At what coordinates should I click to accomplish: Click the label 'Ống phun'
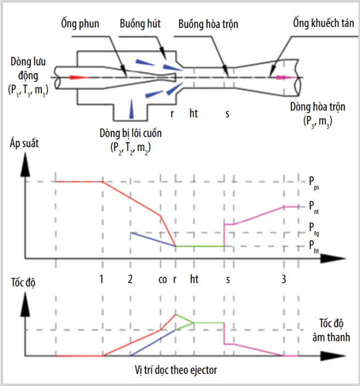[x=80, y=24]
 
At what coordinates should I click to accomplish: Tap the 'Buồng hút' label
[x=140, y=24]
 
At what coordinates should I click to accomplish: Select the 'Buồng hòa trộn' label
[x=208, y=24]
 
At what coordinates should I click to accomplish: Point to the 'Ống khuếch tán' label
[x=323, y=23]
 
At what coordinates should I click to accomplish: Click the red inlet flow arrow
[x=79, y=77]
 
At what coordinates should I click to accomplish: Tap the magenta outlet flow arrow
[x=286, y=77]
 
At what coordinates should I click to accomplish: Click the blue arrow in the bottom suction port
[x=132, y=109]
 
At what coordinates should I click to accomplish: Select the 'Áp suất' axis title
[x=24, y=143]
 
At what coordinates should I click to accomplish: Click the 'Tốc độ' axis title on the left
[x=23, y=282]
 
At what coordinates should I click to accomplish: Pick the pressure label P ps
[x=314, y=183]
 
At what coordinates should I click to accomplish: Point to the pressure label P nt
[x=314, y=208]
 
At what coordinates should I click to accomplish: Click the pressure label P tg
[x=314, y=229]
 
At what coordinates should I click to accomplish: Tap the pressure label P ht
[x=314, y=247]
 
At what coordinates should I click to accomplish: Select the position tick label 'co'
[x=162, y=279]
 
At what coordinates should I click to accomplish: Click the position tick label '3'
[x=284, y=279]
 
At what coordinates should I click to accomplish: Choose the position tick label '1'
[x=101, y=279]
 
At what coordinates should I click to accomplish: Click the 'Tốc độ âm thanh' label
[x=331, y=330]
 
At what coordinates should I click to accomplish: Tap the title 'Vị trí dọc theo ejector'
[x=176, y=370]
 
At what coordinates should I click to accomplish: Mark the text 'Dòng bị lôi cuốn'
[x=131, y=133]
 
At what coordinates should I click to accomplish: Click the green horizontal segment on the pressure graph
[x=200, y=246]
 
